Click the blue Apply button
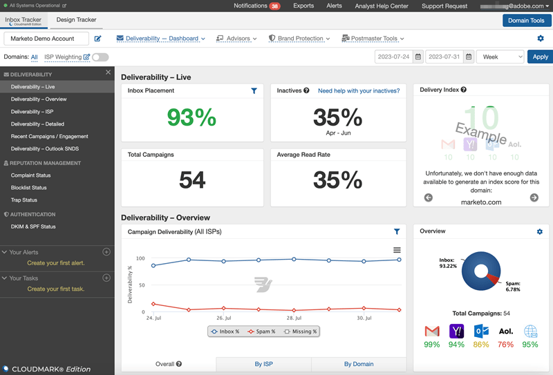(x=540, y=57)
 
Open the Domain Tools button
(x=527, y=21)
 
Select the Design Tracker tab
(x=76, y=20)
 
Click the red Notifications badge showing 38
(x=274, y=6)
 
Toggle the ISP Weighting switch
(x=100, y=57)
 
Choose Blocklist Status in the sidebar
(x=29, y=188)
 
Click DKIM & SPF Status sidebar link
(x=33, y=227)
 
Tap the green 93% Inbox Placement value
(x=191, y=117)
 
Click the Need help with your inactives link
(x=358, y=90)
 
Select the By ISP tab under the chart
(x=263, y=364)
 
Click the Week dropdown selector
(x=500, y=57)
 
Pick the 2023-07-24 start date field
(x=393, y=57)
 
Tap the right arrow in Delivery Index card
(x=534, y=198)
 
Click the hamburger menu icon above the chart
(x=397, y=250)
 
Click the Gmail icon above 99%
(x=432, y=331)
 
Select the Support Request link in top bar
(x=444, y=6)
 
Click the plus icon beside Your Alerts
(x=106, y=252)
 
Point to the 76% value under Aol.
(x=505, y=345)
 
